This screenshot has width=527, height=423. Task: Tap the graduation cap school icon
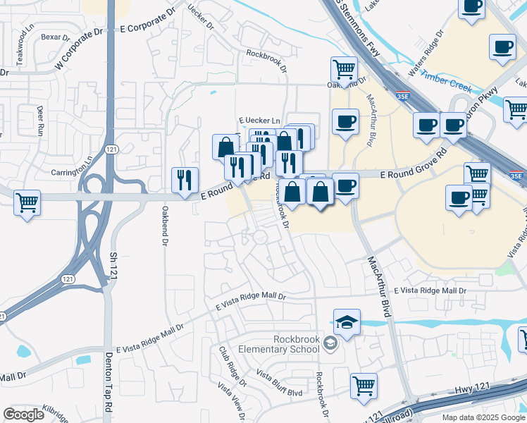tap(347, 323)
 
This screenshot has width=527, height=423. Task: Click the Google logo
tap(23, 415)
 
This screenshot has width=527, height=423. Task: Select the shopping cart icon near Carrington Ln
tap(27, 203)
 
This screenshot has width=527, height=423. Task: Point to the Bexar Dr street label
tap(54, 37)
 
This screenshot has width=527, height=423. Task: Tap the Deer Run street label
tap(21, 121)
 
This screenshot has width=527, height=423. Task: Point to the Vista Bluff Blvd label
tap(279, 382)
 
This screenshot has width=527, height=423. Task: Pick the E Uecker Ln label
tap(259, 121)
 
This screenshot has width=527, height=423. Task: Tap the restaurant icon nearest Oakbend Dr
tap(185, 180)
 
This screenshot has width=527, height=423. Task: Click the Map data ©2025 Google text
tap(483, 417)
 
